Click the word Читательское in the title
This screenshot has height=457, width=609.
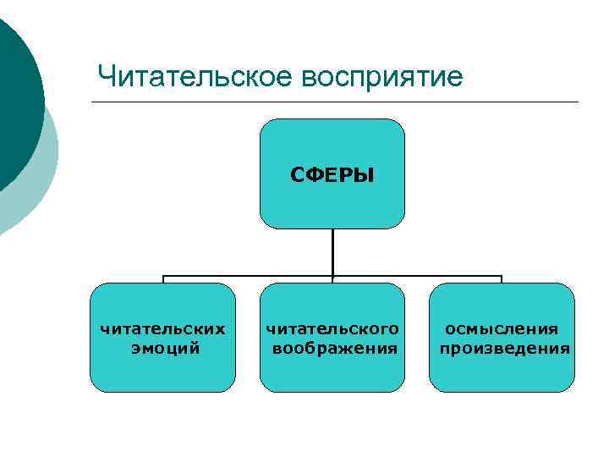[195, 77]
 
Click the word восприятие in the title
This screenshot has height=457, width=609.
[382, 78]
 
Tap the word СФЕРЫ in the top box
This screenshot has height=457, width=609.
[332, 175]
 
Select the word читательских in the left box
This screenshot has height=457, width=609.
[163, 328]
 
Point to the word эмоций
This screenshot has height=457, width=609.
[165, 347]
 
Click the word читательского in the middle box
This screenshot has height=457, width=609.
[332, 328]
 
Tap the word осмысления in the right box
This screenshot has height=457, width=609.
[502, 328]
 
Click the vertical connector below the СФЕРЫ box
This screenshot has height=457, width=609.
[332, 251]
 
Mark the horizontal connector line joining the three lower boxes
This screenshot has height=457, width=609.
[254, 276]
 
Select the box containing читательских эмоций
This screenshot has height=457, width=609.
[163, 372]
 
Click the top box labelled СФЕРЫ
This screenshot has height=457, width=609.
[332, 144]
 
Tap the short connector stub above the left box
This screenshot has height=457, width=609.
[163, 279]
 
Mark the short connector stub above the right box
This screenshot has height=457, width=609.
[502, 279]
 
